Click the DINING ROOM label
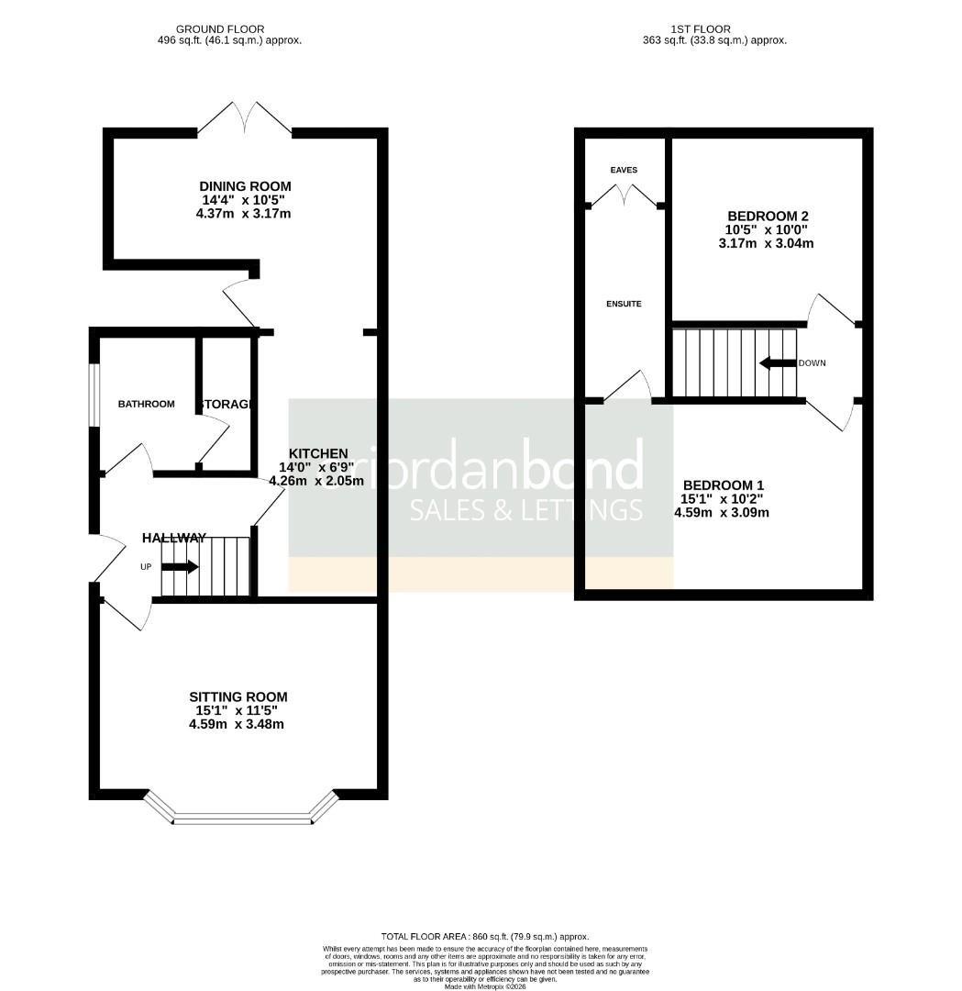pos(245,186)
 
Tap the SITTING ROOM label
pos(238,696)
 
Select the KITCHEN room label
pos(318,453)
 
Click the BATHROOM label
pos(146,404)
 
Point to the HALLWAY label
pos(174,538)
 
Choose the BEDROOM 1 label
pos(723,485)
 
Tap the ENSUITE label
pos(624,304)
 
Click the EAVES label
pos(624,170)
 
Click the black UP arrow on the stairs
pos(180,567)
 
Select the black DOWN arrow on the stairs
pos(778,363)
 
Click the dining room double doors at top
pos(245,119)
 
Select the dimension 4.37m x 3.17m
pos(243,214)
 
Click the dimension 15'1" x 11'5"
pos(238,710)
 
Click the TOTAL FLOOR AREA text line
pos(485,936)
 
